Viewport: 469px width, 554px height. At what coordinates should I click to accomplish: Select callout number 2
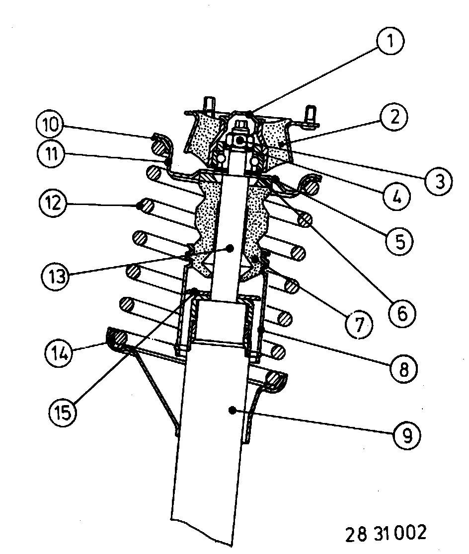click(393, 118)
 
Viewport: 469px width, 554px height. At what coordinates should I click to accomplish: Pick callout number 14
click(58, 354)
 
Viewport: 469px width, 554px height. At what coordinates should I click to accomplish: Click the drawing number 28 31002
click(386, 532)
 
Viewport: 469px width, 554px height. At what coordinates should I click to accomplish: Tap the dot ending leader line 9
click(231, 409)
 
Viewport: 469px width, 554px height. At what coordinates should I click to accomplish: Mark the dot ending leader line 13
click(230, 247)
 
